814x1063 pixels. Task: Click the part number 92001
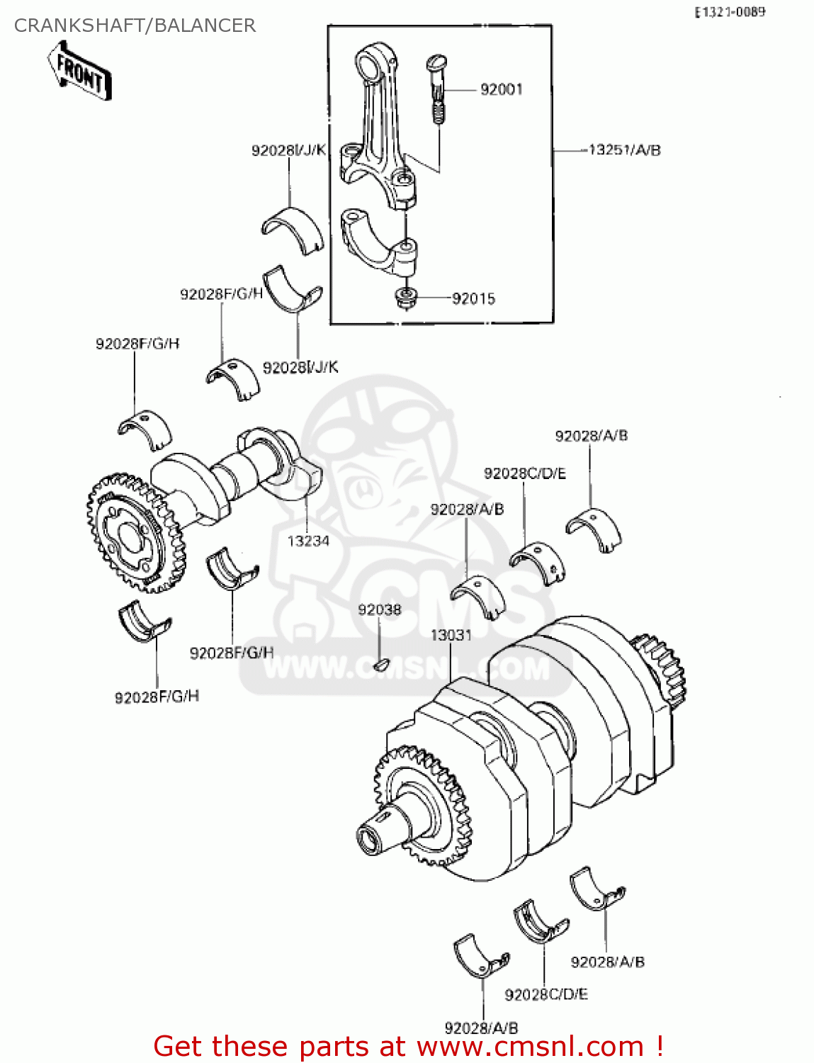point(501,89)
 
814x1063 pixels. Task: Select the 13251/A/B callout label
point(624,150)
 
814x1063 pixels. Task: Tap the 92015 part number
point(473,299)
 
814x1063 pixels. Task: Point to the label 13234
point(308,541)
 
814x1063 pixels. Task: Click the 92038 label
point(379,610)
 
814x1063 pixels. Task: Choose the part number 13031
point(451,635)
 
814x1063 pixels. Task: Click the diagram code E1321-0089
point(729,12)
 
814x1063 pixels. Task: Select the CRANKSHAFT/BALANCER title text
point(135,26)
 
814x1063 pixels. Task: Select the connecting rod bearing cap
point(379,241)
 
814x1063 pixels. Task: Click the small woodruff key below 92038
point(380,664)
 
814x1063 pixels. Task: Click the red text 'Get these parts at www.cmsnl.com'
point(408,1046)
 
